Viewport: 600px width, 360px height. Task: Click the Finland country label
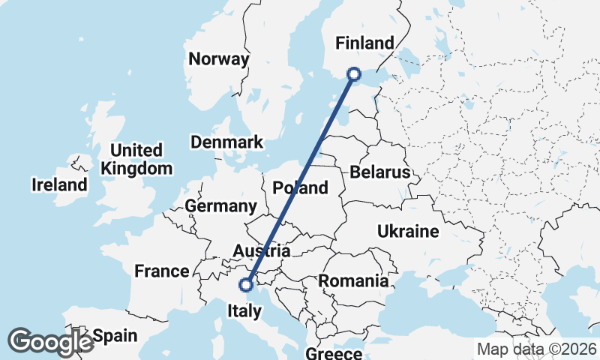pos(364,43)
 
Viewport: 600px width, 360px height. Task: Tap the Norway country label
pos(218,60)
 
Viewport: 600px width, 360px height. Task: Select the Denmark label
pos(226,142)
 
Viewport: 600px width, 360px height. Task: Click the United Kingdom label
pos(136,159)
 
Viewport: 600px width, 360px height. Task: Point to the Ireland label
pos(58,184)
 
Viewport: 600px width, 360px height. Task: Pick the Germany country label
pos(220,206)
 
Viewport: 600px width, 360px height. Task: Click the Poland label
pos(301,188)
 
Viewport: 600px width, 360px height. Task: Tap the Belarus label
pos(379,173)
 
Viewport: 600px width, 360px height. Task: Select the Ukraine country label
pos(408,232)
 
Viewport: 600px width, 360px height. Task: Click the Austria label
pos(262,250)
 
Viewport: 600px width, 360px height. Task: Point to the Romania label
pos(354,281)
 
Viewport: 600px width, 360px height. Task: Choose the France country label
pos(161,271)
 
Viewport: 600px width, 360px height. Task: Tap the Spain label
pos(114,336)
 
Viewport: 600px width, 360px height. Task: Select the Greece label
pos(334,352)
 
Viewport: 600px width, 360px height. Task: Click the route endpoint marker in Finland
pos(354,73)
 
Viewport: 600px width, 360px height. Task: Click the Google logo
pos(51,342)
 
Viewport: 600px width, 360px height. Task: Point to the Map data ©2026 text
pos(537,349)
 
